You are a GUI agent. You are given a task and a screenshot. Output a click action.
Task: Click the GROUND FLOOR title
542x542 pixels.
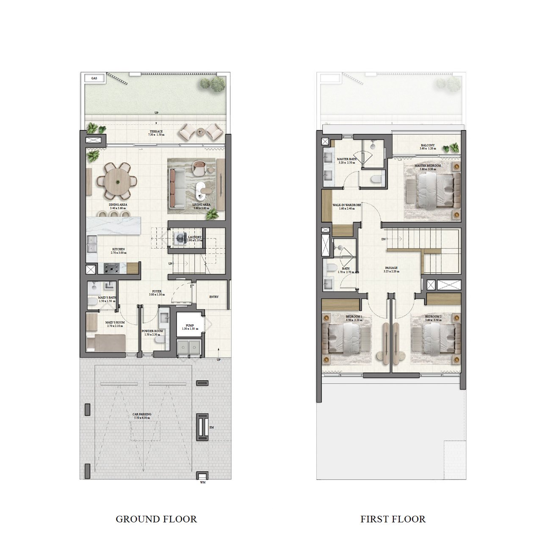coord(156,519)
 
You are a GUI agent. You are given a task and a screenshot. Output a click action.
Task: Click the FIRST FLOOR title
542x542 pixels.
coord(393,519)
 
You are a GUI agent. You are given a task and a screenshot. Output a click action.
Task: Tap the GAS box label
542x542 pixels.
coord(94,78)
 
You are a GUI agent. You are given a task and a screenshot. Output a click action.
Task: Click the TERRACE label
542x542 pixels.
coord(156,132)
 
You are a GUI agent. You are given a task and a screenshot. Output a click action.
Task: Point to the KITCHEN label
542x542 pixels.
coord(118,249)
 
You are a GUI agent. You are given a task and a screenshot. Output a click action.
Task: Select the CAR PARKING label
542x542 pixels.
coord(141,414)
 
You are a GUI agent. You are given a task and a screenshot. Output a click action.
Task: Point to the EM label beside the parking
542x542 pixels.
coord(211,428)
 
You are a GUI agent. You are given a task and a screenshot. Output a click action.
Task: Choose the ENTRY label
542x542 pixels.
coord(214,297)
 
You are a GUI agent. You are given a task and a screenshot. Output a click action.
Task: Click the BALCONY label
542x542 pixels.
coord(428,145)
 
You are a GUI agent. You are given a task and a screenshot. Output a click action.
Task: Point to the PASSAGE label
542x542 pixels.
coord(391,268)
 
